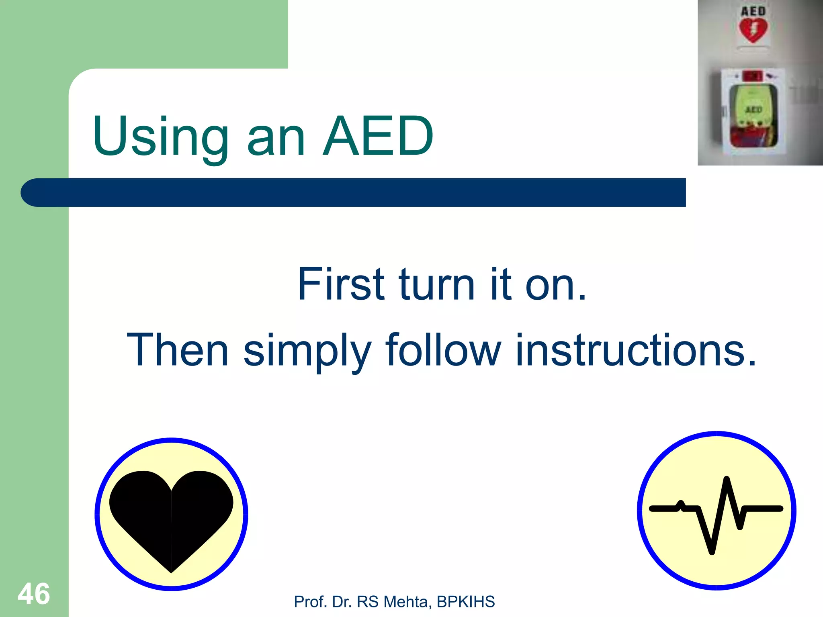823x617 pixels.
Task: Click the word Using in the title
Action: tap(161, 137)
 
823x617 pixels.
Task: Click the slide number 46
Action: tap(34, 594)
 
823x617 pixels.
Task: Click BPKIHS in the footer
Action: tap(466, 602)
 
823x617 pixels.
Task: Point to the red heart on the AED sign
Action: tap(753, 31)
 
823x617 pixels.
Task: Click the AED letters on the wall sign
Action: tap(753, 11)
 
